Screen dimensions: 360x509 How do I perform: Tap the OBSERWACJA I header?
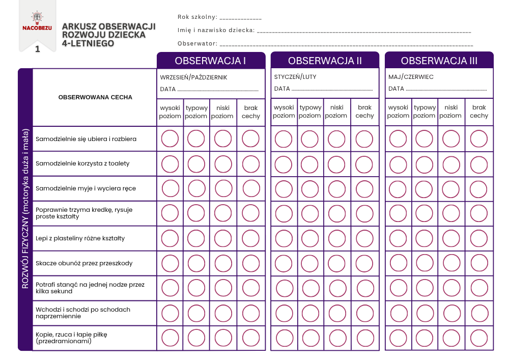tap(211, 61)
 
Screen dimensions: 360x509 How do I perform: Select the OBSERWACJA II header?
tap(325, 61)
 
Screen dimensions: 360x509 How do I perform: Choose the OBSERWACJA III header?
tap(439, 61)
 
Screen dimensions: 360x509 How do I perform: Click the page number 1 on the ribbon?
tap(37, 49)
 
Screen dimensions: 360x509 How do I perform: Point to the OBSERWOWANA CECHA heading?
tap(95, 97)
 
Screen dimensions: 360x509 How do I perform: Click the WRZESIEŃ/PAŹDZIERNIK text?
tap(193, 77)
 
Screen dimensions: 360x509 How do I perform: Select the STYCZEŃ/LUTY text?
tap(295, 77)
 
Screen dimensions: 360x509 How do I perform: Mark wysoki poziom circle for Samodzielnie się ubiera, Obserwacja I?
tap(170, 139)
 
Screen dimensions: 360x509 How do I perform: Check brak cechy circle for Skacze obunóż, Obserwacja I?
tap(251, 263)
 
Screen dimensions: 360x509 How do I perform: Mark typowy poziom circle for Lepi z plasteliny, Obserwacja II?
tap(310, 238)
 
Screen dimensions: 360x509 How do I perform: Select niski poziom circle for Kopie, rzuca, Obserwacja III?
tap(450, 338)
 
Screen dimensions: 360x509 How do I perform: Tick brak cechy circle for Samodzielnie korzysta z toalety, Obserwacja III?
tap(479, 164)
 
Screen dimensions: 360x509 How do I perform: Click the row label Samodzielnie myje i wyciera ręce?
tap(86, 188)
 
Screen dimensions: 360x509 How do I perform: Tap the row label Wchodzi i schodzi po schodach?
tap(82, 313)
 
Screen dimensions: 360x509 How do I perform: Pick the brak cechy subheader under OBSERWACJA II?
tap(364, 112)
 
